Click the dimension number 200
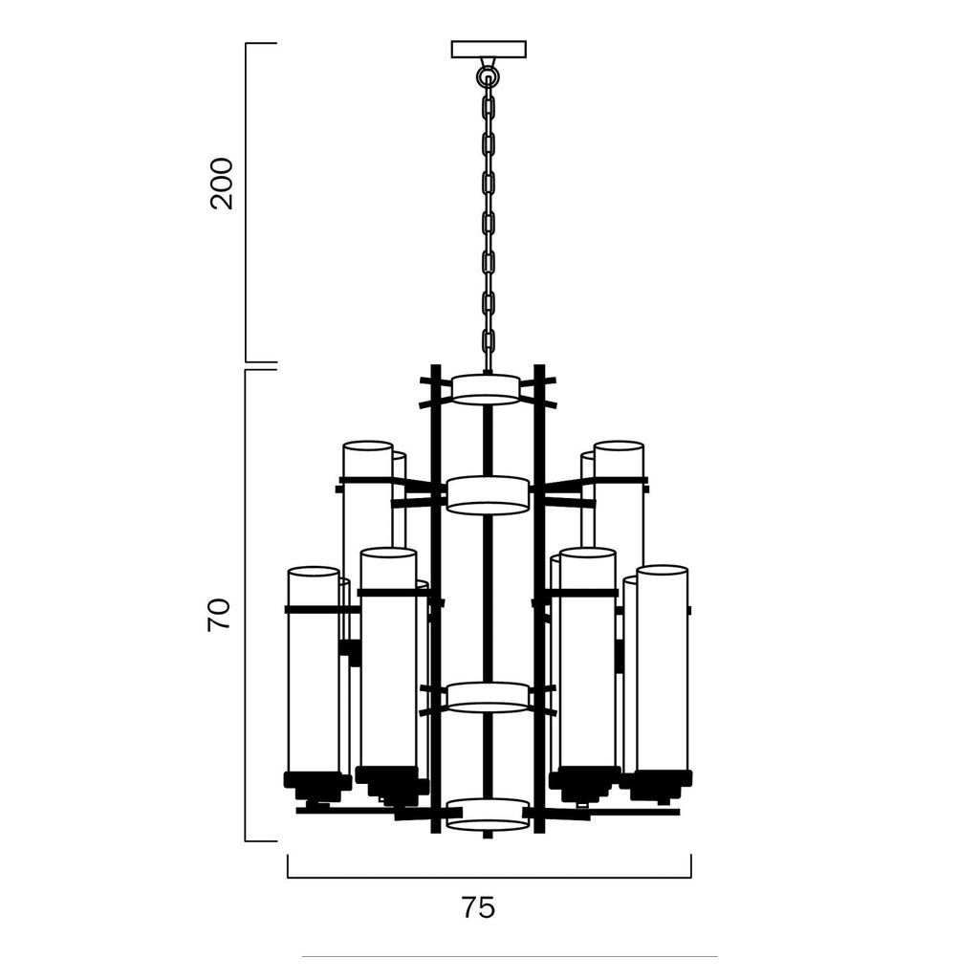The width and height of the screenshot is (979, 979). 222,183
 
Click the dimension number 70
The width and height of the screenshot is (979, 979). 219,615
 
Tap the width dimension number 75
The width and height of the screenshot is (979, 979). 478,907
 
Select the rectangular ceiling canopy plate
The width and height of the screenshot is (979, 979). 489,50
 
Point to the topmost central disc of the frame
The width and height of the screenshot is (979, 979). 486,390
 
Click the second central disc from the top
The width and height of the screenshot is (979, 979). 489,495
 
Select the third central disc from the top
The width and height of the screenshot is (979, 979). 489,697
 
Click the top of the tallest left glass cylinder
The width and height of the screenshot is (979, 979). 368,446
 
